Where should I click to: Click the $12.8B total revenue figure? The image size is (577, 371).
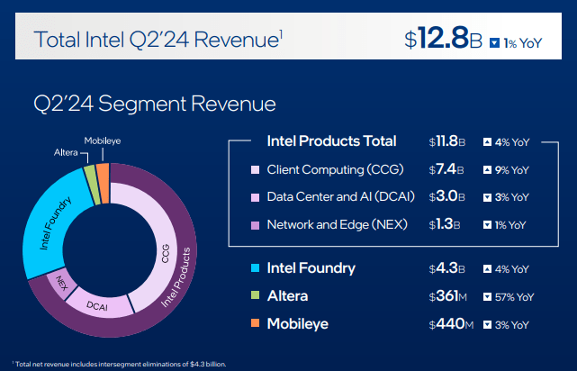coord(445,38)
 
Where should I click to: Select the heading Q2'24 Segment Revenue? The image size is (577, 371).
coord(154,104)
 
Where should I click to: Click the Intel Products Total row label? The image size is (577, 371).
coord(331,140)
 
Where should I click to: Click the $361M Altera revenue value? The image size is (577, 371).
coord(447,295)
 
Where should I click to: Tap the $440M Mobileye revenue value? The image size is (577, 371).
coord(447,322)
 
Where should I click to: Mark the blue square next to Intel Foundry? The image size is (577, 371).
coord(257,268)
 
